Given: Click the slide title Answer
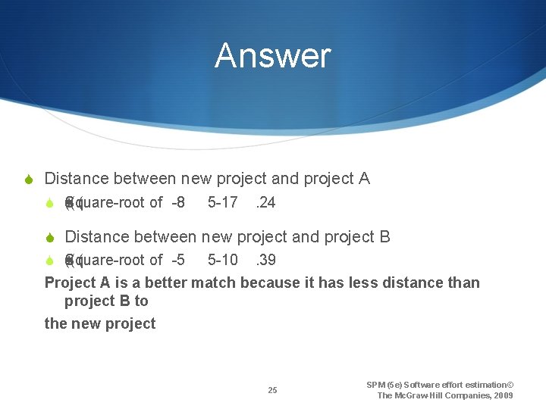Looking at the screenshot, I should (x=272, y=56).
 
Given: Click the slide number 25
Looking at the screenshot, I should (x=272, y=391).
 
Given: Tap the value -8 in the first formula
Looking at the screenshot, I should (x=178, y=202).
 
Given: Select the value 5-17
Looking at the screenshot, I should (x=222, y=202).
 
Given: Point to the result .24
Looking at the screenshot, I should (x=265, y=202).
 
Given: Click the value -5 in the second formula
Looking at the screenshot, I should (x=178, y=260).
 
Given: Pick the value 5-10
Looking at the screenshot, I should (x=222, y=260).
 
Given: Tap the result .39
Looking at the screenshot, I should (x=265, y=260).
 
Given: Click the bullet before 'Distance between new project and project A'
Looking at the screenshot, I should (x=28, y=180).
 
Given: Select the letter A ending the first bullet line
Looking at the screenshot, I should (x=364, y=179).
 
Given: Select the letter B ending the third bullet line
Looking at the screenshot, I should (x=384, y=236).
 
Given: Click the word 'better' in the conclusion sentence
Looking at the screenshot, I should (x=162, y=283).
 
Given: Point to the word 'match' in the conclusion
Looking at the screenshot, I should (x=214, y=283).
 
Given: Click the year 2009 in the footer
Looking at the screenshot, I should (x=503, y=395).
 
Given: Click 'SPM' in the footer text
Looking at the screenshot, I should (x=375, y=385).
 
